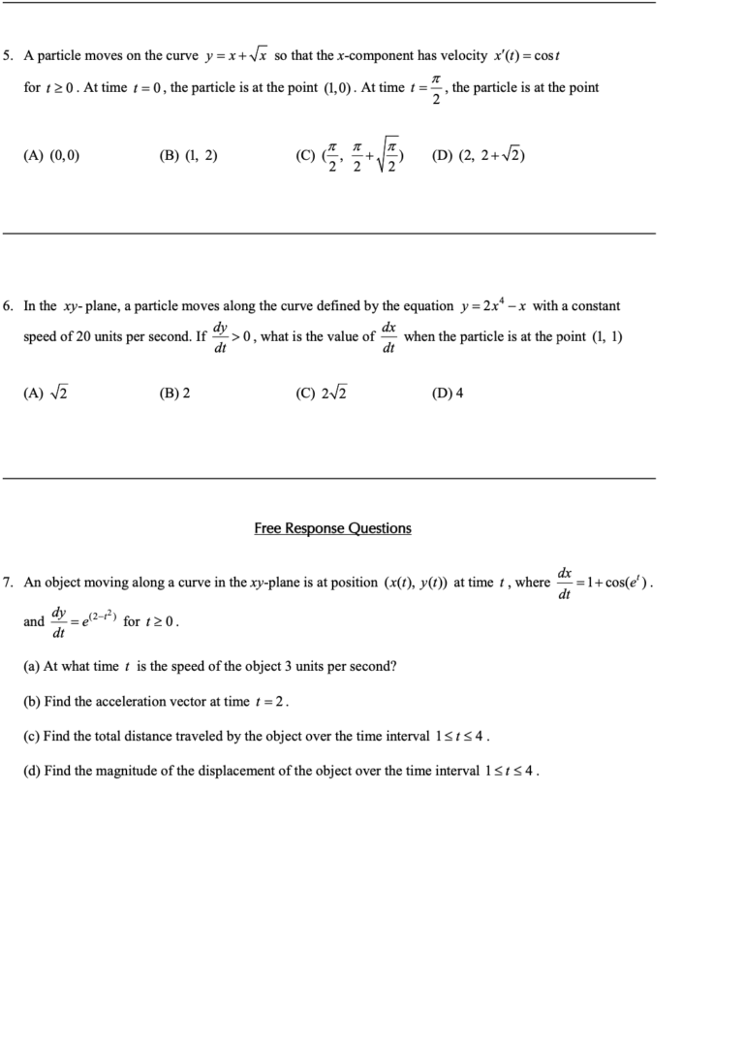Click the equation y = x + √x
click(x=237, y=55)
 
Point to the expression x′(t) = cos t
click(x=527, y=55)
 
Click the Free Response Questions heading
click(x=332, y=528)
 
